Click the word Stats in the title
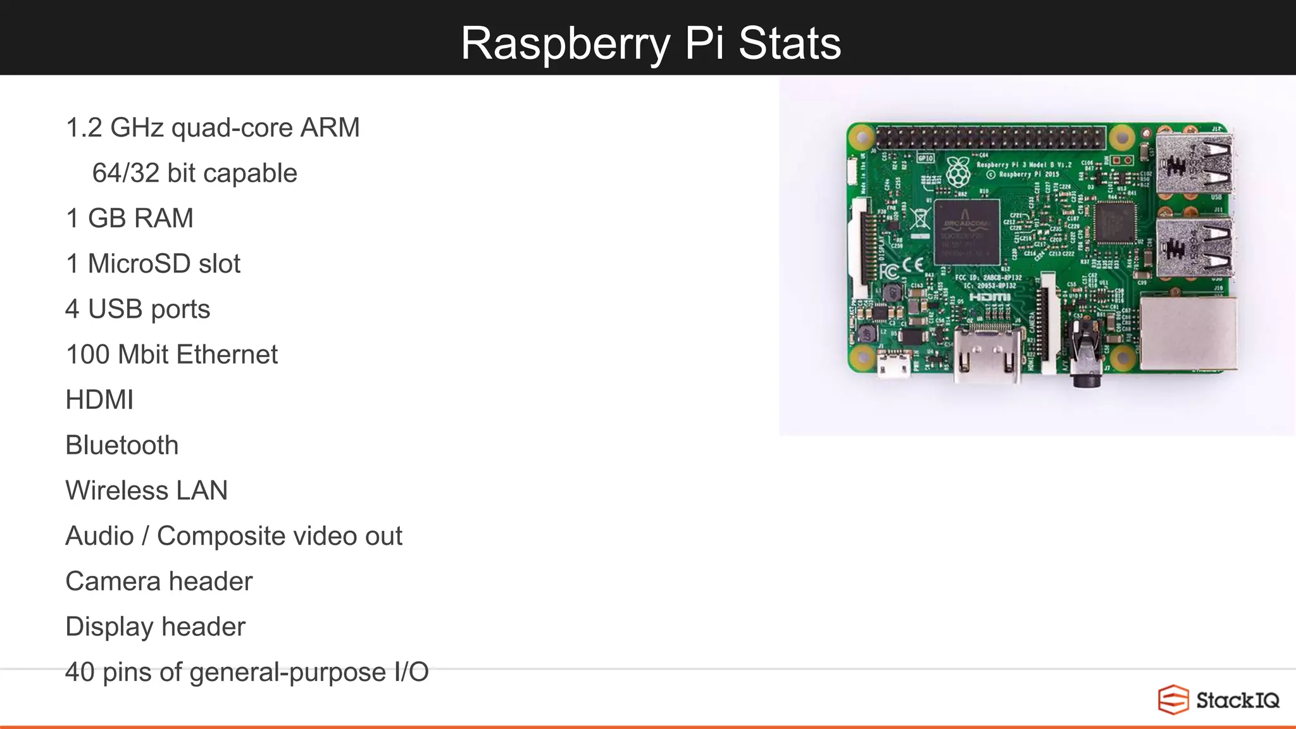[789, 43]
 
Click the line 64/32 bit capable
[194, 173]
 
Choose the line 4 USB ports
[137, 309]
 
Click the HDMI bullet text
[99, 400]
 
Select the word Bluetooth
[121, 445]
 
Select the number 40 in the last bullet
[80, 672]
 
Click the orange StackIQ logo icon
[1173, 700]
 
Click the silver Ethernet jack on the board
[1188, 333]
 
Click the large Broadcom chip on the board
[966, 232]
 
